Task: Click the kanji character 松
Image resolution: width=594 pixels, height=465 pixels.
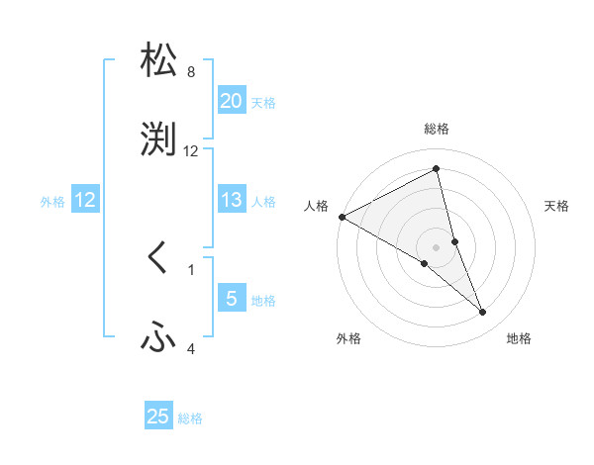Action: pyautogui.click(x=158, y=60)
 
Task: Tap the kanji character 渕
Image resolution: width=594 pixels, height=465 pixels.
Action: pyautogui.click(x=158, y=139)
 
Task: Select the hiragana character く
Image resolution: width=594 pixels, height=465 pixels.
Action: pyautogui.click(x=158, y=258)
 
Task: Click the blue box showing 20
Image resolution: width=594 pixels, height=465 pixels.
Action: pyautogui.click(x=231, y=101)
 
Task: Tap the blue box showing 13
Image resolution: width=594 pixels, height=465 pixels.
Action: pyautogui.click(x=231, y=200)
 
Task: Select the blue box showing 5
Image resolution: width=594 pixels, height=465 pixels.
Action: pyautogui.click(x=231, y=299)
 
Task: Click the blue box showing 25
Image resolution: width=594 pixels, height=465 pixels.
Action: pyautogui.click(x=158, y=417)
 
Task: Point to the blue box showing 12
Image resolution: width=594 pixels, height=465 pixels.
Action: pyautogui.click(x=85, y=200)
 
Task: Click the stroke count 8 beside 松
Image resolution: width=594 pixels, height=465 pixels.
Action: pyautogui.click(x=191, y=72)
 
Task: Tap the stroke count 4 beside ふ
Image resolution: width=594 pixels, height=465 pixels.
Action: pyautogui.click(x=191, y=348)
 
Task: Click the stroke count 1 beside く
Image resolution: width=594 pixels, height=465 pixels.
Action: pyautogui.click(x=191, y=269)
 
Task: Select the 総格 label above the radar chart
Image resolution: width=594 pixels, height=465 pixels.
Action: pyautogui.click(x=437, y=129)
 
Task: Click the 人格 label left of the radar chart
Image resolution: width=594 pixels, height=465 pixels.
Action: pyautogui.click(x=317, y=206)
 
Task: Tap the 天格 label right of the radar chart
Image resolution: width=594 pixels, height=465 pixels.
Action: pyautogui.click(x=556, y=206)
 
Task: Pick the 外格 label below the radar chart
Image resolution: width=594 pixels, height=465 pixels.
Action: pyautogui.click(x=348, y=338)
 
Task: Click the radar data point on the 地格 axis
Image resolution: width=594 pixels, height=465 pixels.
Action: pyautogui.click(x=483, y=313)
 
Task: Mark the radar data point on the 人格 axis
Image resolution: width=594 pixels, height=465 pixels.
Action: pyautogui.click(x=342, y=217)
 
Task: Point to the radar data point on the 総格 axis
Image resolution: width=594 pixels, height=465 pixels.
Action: pyautogui.click(x=437, y=170)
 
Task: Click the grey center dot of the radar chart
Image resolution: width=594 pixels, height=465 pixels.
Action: pyautogui.click(x=437, y=246)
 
